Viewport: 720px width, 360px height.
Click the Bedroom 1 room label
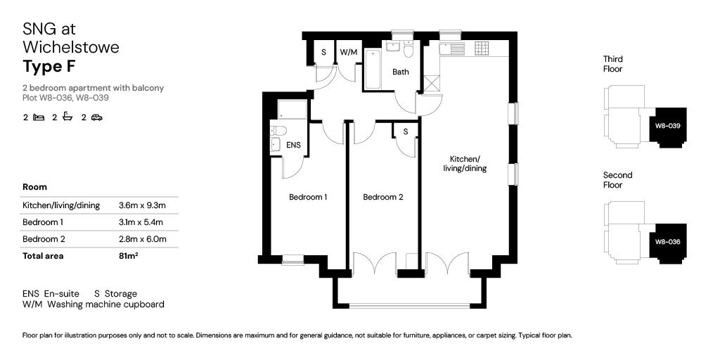[308, 198]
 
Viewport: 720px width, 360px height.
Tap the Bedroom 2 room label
[382, 198]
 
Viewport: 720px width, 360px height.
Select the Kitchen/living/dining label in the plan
[465, 164]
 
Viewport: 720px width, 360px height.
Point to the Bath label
[401, 72]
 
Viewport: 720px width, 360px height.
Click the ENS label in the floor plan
[293, 145]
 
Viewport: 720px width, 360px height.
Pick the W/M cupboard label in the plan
[348, 53]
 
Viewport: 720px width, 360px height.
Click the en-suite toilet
[279, 130]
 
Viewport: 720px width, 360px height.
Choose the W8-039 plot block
[667, 127]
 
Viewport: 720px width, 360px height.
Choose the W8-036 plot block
[667, 242]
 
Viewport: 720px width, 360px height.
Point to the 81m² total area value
[128, 256]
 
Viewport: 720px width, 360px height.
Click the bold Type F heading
[48, 67]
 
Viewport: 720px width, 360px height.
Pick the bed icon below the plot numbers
[39, 117]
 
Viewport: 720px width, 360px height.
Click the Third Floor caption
[612, 64]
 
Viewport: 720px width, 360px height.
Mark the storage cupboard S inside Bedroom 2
[406, 131]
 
